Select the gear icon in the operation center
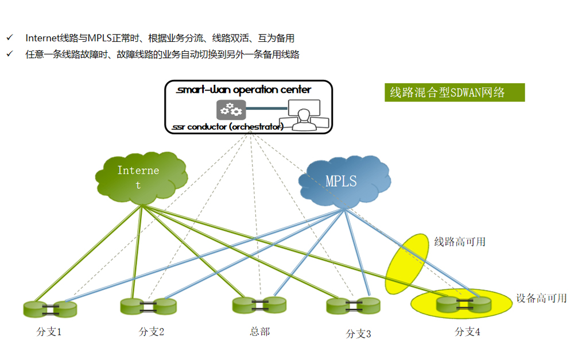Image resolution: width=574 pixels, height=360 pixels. (230, 109)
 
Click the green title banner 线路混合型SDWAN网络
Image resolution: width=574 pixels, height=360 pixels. (454, 92)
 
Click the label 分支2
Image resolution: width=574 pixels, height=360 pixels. (152, 331)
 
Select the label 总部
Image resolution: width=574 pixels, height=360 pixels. (260, 331)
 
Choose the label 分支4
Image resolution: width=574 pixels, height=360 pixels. (468, 331)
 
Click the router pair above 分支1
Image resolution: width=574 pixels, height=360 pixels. (50, 309)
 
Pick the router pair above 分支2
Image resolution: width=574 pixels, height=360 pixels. (149, 306)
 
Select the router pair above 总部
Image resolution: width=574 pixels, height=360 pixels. (259, 305)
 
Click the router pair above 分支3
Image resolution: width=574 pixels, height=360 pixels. (354, 306)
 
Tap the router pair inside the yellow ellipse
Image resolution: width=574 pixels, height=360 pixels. (464, 305)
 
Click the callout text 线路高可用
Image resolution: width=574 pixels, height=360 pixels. (460, 242)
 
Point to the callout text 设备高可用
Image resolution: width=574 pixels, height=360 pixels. (541, 298)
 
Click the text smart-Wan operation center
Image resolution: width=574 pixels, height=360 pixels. (244, 90)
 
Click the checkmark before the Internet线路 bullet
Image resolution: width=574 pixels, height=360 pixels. (9, 38)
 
